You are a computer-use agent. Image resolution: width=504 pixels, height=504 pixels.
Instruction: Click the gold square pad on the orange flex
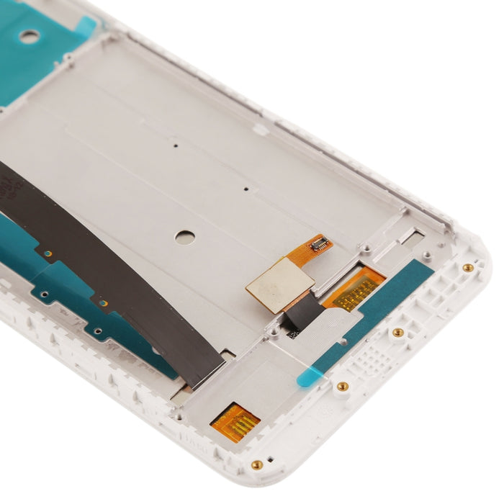pos(279,285)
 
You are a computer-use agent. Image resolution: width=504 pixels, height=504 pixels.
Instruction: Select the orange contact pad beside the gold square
pos(354,288)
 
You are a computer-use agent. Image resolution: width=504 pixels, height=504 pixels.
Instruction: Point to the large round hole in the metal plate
pos(185,238)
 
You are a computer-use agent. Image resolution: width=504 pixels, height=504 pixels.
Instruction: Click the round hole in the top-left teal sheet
pos(29,36)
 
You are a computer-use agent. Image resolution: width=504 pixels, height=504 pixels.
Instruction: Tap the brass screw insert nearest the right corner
pos(468,268)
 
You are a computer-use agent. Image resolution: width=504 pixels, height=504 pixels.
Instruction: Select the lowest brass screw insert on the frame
pos(256,464)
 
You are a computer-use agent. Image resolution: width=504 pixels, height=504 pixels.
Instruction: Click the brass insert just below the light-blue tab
pos(343,387)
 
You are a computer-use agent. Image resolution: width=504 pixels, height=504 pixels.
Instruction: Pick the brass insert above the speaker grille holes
pos(397,332)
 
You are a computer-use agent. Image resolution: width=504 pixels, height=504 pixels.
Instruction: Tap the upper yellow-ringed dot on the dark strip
pos(48,253)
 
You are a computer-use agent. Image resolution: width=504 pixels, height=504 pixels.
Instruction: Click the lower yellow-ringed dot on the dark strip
pos(102,302)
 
